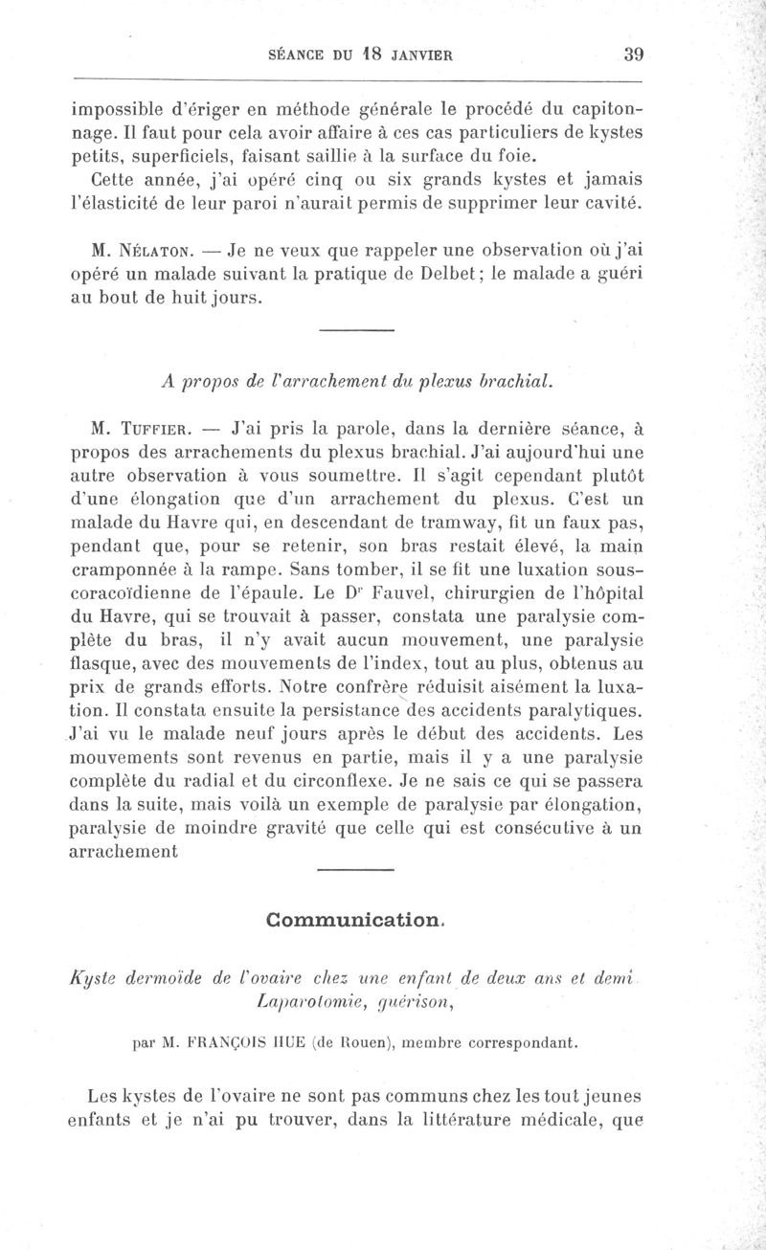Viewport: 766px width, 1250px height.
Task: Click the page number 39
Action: coord(632,55)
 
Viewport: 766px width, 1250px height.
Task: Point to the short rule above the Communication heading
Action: coord(354,870)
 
